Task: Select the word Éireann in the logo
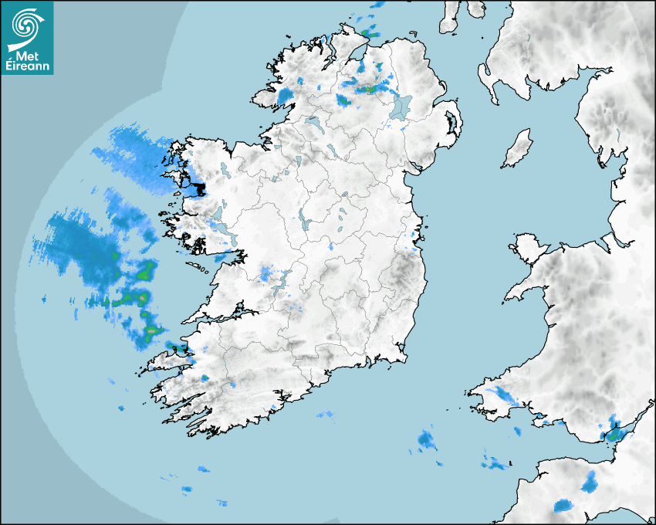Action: point(28,66)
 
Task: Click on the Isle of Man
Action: point(518,148)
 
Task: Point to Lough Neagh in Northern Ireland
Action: point(401,107)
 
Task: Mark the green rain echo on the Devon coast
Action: point(614,432)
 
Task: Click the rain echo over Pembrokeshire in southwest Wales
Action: point(506,397)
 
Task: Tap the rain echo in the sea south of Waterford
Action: point(426,441)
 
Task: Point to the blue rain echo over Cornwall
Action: point(591,484)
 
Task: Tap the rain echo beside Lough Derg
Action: point(267,273)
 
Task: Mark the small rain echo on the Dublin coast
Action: point(414,247)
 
